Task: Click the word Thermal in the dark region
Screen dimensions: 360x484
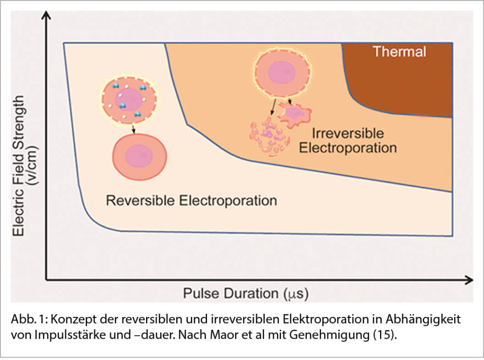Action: point(399,52)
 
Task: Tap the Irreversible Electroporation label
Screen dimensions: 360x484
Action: point(348,140)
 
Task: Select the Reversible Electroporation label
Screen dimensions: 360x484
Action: point(191,201)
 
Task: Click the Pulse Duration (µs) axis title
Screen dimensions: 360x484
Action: point(246,294)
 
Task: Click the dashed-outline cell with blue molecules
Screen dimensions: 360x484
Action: point(129,100)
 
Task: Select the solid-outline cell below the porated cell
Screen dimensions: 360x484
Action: point(139,156)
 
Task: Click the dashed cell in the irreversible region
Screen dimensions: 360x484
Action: point(282,71)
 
